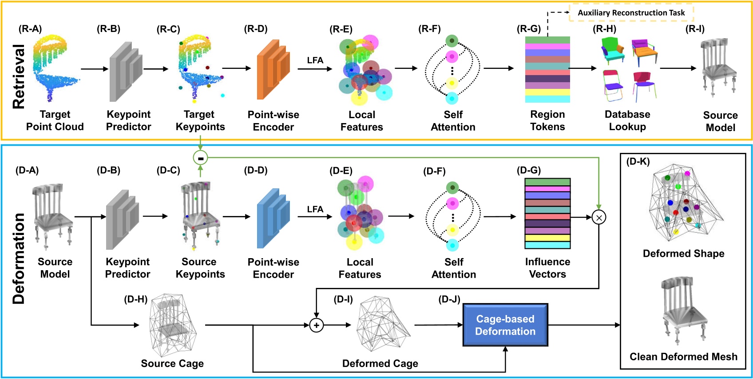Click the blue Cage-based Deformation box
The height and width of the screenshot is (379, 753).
505,325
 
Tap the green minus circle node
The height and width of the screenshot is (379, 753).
200,158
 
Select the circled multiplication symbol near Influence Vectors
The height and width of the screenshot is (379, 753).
598,218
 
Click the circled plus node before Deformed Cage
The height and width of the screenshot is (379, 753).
316,325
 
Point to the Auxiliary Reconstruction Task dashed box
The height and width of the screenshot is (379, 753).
631,13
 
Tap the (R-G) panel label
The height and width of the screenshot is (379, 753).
528,29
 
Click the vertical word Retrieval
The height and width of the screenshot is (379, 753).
19,76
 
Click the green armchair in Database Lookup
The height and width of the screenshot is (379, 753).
613,50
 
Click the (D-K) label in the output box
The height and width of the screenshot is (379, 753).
638,162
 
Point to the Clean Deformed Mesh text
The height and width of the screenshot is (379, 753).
683,357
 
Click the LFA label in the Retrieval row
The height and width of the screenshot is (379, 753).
315,60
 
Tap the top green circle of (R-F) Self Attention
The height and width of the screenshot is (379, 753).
452,41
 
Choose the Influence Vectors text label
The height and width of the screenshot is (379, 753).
547,268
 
